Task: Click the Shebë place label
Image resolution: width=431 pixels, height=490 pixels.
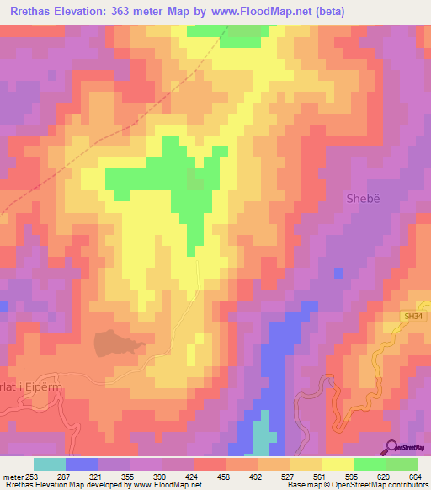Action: pos(364,199)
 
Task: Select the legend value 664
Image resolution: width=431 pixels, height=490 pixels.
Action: pos(414,477)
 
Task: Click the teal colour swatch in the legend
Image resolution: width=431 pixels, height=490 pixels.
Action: pos(50,464)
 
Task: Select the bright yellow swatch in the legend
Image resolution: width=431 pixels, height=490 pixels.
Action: pos(338,464)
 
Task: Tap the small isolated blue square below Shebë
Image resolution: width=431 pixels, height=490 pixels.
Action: pos(338,273)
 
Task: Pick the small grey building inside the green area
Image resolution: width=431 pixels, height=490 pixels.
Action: pos(195,179)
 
